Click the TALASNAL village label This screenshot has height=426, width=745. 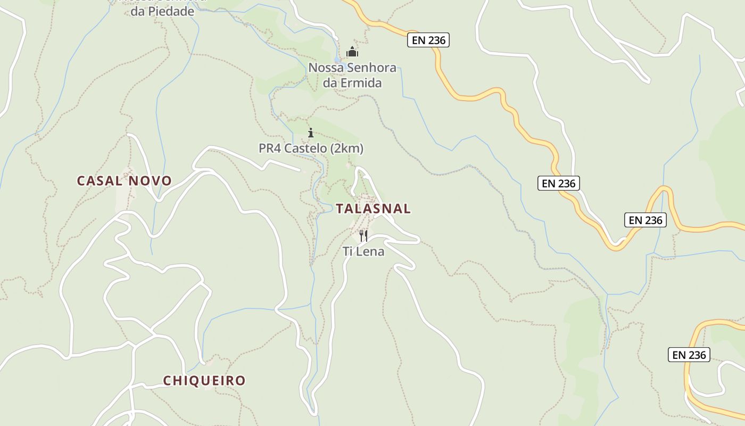[x=373, y=209]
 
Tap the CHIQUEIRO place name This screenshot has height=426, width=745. [x=204, y=381]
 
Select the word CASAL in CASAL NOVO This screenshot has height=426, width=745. [x=100, y=181]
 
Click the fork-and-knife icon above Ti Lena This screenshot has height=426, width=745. [x=363, y=235]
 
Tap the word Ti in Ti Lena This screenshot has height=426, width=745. [x=348, y=251]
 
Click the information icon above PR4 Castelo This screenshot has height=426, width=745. [x=311, y=133]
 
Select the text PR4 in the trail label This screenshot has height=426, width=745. [x=270, y=149]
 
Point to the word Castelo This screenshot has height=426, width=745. [x=305, y=149]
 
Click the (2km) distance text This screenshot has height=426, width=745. [x=347, y=149]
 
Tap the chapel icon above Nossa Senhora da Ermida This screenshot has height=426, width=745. [x=352, y=52]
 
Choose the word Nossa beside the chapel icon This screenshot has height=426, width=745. [x=325, y=68]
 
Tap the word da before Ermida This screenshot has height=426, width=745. [x=330, y=83]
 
